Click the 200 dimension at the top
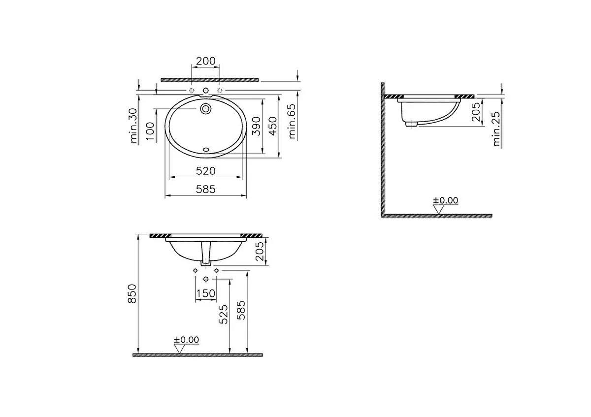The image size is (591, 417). (x=205, y=61)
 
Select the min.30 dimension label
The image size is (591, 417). (x=133, y=126)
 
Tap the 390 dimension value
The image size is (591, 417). (x=256, y=127)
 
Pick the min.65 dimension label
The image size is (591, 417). (x=293, y=122)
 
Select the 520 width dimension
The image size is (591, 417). (x=206, y=171)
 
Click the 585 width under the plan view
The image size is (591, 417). (x=205, y=189)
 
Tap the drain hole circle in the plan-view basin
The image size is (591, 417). (x=206, y=108)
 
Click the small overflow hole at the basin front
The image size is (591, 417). (x=206, y=147)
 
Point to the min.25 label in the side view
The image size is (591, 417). (x=496, y=129)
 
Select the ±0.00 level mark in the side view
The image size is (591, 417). (x=445, y=200)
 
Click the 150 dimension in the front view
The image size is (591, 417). (x=205, y=294)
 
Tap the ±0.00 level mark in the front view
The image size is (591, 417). (x=186, y=340)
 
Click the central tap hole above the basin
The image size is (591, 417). (x=206, y=90)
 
